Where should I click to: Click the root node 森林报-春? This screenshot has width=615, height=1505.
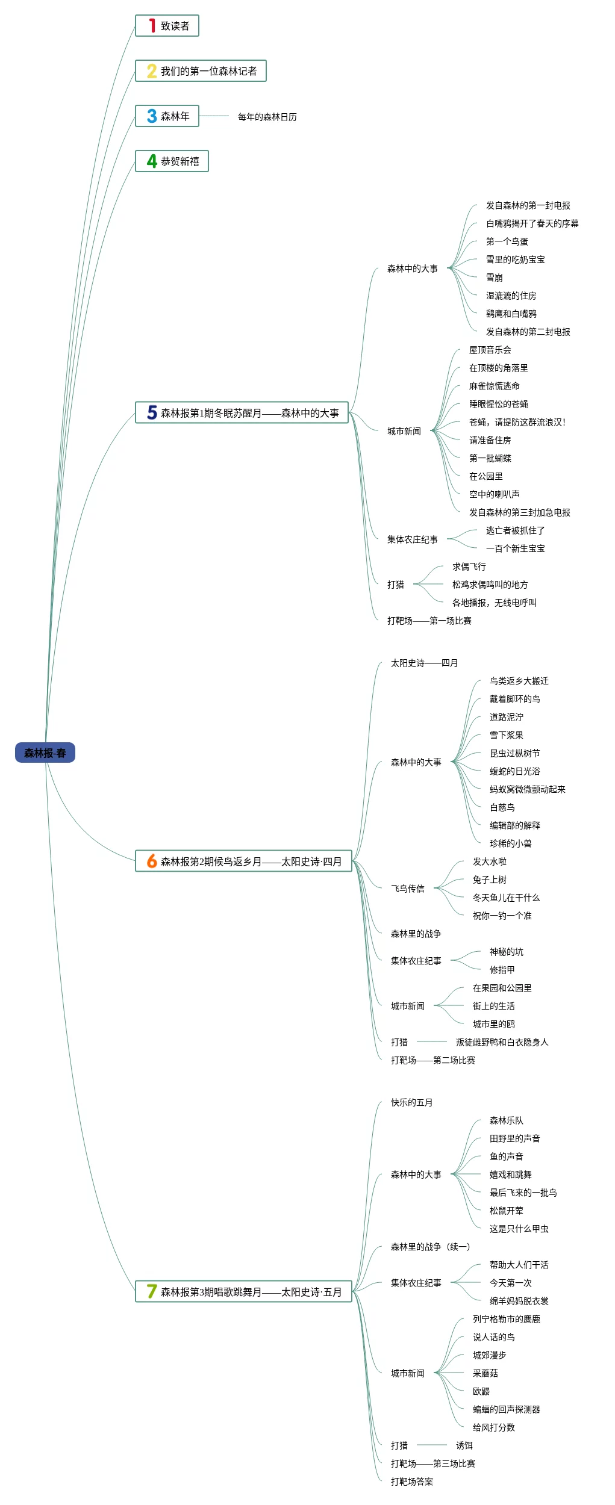pos(45,752)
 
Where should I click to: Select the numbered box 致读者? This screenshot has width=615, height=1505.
pos(175,26)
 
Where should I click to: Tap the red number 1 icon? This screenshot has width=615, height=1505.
pos(152,25)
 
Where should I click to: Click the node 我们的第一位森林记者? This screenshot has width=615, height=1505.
pos(208,71)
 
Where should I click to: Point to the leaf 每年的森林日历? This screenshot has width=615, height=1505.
pos(267,117)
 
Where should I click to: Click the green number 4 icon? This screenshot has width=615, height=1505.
pos(152,161)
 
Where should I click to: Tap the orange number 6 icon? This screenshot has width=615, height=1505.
pos(152,861)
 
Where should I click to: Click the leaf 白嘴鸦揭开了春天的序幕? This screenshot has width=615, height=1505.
pos(532,223)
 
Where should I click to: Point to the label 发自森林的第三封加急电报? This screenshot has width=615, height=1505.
pos(519,512)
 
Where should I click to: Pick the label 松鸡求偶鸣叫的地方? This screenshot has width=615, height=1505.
pos(490,585)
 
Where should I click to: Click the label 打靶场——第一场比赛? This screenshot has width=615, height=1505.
pos(429,621)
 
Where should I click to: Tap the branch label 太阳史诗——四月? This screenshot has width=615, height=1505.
pos(424,663)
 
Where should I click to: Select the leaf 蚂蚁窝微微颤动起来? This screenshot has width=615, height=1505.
pos(527,789)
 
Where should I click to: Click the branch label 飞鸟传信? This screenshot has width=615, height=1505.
pos(407,889)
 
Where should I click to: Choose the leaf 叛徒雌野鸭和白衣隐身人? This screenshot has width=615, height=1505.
pos(502,1042)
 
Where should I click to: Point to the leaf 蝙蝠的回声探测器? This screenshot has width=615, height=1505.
pos(506,1409)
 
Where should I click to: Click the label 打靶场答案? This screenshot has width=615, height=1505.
pos(411,1482)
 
